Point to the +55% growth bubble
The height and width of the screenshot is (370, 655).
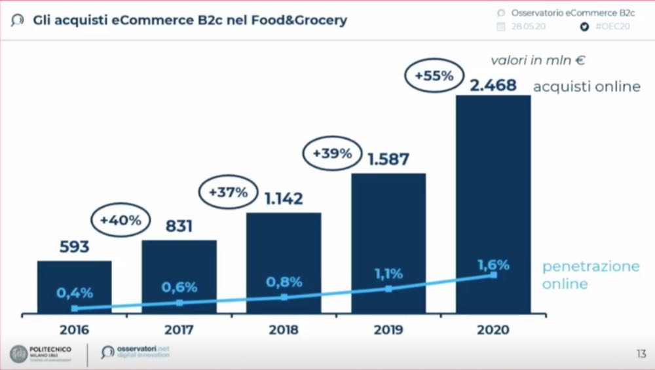tap(434, 75)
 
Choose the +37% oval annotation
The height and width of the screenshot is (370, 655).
tap(228, 193)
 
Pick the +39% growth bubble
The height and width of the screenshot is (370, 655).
tap(332, 154)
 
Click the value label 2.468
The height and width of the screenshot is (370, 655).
tap(493, 85)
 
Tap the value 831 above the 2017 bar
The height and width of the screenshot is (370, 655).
tap(178, 227)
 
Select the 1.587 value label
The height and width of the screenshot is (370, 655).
tap(388, 159)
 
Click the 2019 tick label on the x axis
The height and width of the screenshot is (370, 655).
tap(388, 329)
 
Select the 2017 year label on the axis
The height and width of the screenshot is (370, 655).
tap(179, 329)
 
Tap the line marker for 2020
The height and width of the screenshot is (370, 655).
tap(493, 275)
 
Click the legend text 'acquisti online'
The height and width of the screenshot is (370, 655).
tap(586, 86)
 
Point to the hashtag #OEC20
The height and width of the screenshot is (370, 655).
tap(612, 27)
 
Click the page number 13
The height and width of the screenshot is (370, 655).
tap(641, 354)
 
